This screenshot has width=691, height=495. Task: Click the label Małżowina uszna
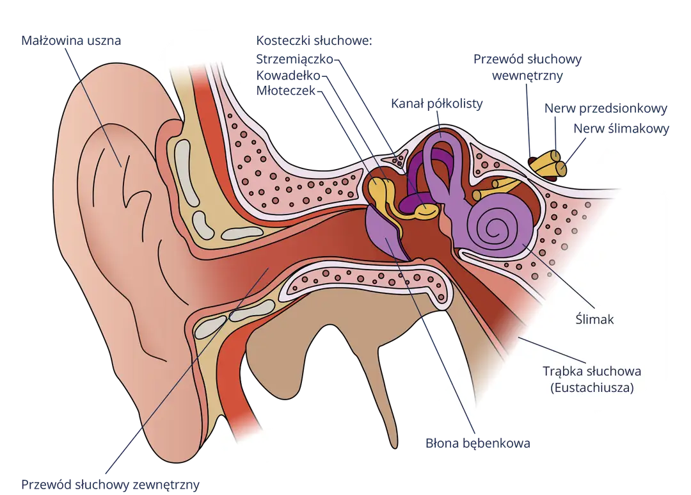coord(71,40)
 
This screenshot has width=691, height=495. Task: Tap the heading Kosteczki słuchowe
coord(314,40)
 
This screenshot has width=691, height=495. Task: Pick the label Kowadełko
coord(288,76)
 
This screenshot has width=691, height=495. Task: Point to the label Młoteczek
coord(286,91)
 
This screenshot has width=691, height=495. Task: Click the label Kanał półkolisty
coord(437,104)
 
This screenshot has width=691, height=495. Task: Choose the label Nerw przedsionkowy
coord(605,108)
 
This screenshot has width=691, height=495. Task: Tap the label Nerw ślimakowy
coord(621,128)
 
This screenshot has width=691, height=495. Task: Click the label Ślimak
coord(594,319)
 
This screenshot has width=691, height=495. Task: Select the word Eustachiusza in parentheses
coord(592,388)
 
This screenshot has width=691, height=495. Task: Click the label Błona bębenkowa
coord(478,443)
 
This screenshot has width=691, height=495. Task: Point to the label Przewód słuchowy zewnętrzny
coord(110,484)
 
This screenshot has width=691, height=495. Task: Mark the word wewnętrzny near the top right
coord(527,76)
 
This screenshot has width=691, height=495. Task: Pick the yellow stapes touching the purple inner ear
coord(425,211)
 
